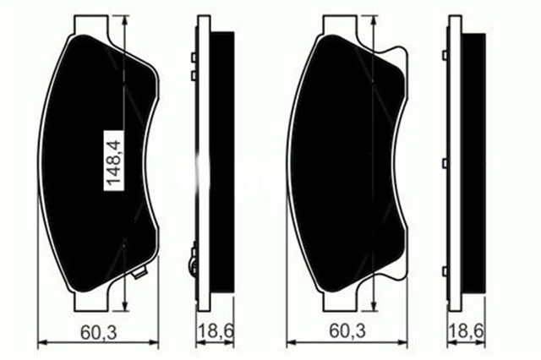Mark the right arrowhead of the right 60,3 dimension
[409, 343]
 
